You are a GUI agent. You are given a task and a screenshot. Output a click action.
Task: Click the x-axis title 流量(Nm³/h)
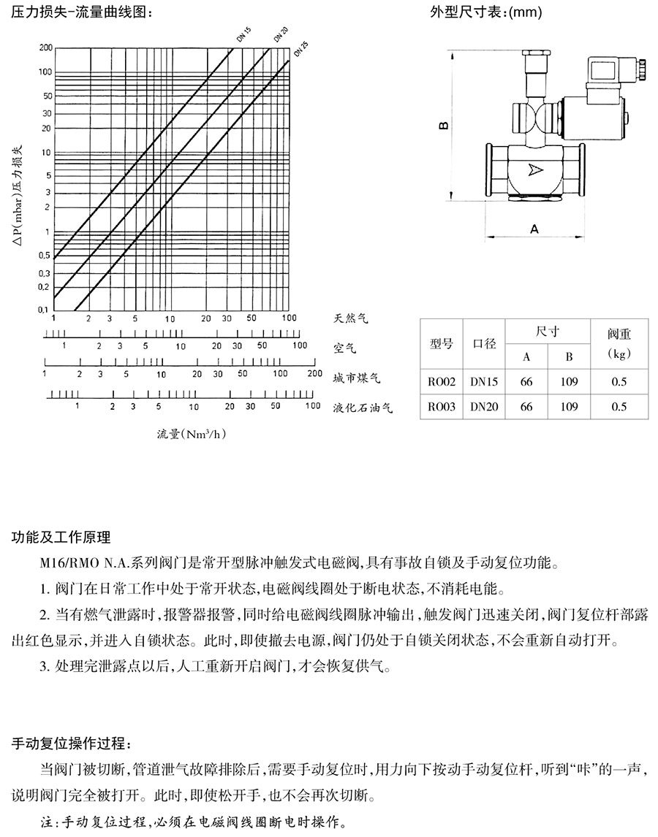pos(192,433)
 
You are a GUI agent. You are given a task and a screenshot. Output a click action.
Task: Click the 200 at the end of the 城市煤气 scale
pos(314,373)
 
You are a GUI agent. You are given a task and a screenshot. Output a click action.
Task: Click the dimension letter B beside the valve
pos(443,126)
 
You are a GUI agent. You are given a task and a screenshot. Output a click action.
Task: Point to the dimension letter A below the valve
pos(534,229)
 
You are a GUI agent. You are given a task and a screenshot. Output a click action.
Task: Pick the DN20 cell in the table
pos(484,407)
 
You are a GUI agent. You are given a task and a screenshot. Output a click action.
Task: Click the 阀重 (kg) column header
pos(619,343)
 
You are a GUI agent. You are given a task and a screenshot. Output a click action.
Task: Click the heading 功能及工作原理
pos(62,538)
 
